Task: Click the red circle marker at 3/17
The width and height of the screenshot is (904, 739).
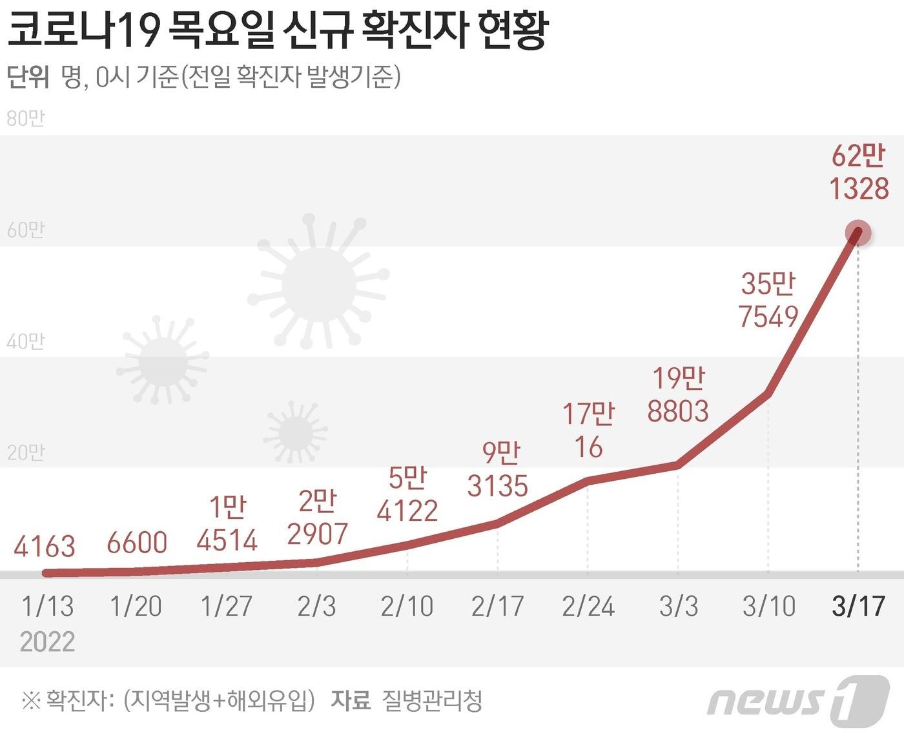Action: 858,234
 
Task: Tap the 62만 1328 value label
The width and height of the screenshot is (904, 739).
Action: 859,173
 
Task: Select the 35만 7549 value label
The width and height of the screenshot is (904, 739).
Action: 768,300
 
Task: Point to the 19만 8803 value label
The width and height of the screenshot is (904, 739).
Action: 678,395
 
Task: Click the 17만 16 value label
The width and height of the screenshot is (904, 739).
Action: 588,430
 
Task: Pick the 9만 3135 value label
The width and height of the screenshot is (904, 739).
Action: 498,469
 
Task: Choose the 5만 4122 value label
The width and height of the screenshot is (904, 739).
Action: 407,494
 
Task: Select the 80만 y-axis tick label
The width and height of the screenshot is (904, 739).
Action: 26,119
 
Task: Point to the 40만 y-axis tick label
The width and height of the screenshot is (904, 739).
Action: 26,341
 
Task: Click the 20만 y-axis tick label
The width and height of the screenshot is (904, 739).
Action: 26,453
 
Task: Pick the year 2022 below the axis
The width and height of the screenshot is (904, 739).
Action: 47,642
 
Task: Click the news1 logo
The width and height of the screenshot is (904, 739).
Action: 798,700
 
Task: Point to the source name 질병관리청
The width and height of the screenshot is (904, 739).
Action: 432,700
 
